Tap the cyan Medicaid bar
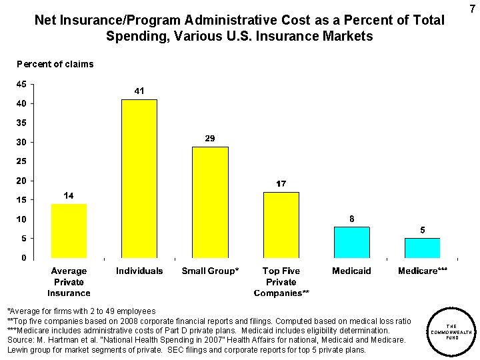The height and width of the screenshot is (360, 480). pyautogui.click(x=351, y=242)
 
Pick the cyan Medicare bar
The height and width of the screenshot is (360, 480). pyautogui.click(x=422, y=247)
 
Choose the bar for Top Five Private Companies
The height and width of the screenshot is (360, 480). pyautogui.click(x=281, y=225)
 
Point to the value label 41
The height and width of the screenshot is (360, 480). pyautogui.click(x=139, y=91)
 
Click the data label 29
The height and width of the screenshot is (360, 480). pyautogui.click(x=209, y=138)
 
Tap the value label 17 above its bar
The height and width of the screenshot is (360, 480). pyautogui.click(x=281, y=183)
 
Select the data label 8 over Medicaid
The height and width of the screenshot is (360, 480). pyautogui.click(x=351, y=218)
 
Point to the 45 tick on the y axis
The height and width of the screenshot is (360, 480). pyautogui.click(x=21, y=84)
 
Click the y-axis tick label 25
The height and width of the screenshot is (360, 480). pyautogui.click(x=21, y=161)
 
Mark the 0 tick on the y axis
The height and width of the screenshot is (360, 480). pyautogui.click(x=23, y=257)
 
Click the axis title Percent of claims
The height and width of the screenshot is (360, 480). pyautogui.click(x=55, y=64)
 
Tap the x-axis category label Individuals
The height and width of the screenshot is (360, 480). pyautogui.click(x=139, y=271)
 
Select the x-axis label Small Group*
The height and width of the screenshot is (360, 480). pyautogui.click(x=210, y=271)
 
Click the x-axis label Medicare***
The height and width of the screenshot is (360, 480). pyautogui.click(x=422, y=271)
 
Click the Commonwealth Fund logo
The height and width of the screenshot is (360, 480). pyautogui.click(x=451, y=327)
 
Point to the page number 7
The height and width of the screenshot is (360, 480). pyautogui.click(x=472, y=9)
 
